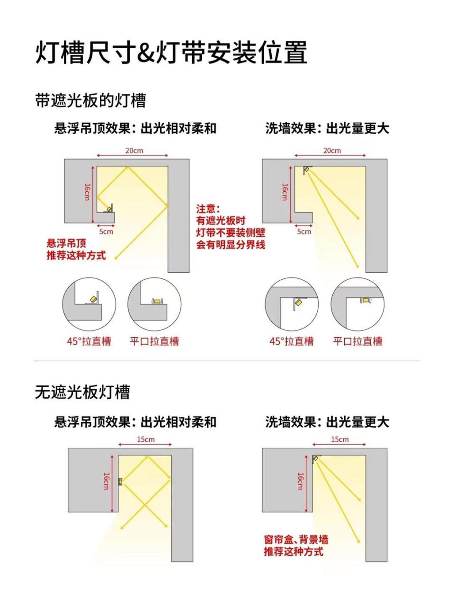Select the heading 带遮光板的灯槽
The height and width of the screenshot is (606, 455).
click(90, 100)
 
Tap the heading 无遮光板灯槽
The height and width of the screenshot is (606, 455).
click(82, 392)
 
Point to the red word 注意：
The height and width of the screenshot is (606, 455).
click(209, 209)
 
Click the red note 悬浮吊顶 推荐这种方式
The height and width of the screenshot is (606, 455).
click(76, 250)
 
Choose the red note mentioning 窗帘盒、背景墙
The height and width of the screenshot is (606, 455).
click(296, 545)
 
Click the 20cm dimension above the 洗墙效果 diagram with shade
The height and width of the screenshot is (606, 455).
click(331, 151)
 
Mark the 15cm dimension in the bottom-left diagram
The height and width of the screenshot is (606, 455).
click(146, 439)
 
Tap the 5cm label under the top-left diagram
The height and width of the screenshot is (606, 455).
click(106, 232)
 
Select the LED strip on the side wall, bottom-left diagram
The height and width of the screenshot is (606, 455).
click(120, 481)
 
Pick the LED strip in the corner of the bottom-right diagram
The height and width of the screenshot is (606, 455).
click(316, 458)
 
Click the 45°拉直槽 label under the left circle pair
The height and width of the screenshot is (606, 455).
click(89, 341)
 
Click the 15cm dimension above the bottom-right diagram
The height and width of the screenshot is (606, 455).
click(339, 439)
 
